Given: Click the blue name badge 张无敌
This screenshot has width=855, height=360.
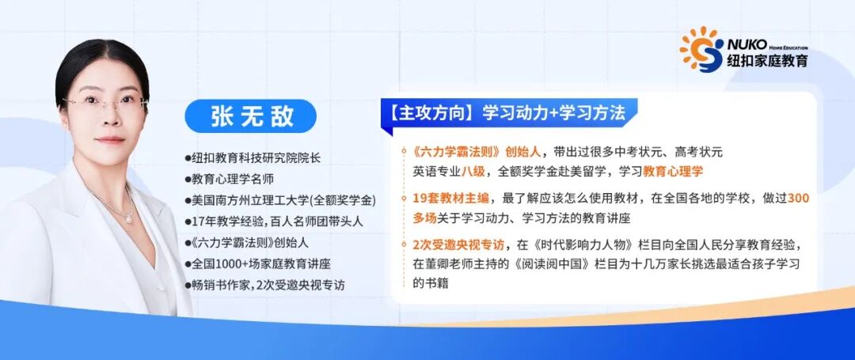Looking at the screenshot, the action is coord(251,116).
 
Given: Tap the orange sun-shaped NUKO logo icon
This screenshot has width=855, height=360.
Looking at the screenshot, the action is coord(701,49).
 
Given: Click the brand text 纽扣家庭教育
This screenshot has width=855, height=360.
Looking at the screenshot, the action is coord(767,60).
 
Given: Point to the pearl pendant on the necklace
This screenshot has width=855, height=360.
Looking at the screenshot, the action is coord(129,219).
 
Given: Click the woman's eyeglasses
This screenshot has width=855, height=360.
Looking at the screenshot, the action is coord(105,103).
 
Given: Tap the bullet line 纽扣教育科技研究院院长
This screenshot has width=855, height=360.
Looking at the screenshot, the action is coord(253,158).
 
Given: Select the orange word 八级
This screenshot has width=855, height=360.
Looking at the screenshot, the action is coord(473,171).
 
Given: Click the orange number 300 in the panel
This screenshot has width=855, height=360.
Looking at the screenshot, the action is coord(798,199).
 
